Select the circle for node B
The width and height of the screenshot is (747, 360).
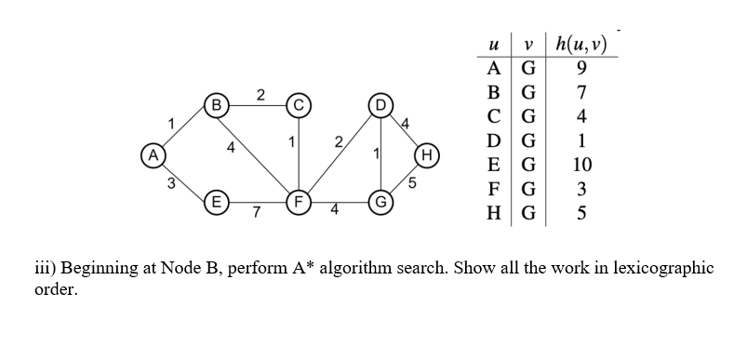click(x=216, y=102)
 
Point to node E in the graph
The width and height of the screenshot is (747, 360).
click(x=216, y=200)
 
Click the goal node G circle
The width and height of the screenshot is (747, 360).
click(x=380, y=201)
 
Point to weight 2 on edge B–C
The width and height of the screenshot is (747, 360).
click(x=260, y=93)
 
